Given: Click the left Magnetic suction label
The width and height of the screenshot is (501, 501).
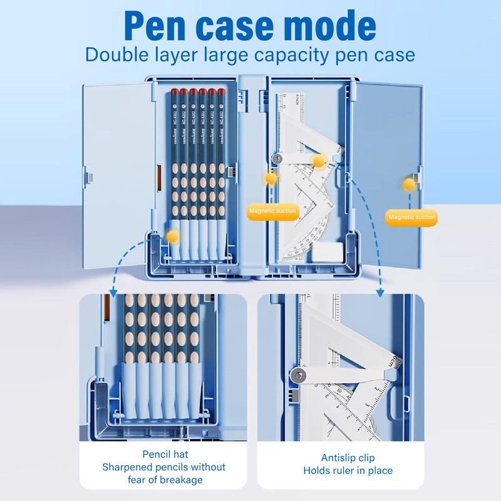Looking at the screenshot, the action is click(272, 211).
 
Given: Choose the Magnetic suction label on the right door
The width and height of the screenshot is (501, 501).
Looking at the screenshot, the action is click(412, 217).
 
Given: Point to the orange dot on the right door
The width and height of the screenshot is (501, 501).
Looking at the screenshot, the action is click(410, 184).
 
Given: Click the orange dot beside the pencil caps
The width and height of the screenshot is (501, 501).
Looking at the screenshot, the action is click(172, 236).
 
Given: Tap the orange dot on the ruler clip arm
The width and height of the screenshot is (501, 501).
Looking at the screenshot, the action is click(319, 162).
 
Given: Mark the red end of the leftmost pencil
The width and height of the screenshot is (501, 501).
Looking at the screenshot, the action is click(166, 92).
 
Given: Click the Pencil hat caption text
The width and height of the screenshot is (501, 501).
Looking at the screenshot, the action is click(165, 455).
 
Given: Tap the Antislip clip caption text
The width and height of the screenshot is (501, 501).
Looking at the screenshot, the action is click(348, 458).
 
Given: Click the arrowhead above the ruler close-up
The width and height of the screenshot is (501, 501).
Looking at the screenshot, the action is click(380, 292).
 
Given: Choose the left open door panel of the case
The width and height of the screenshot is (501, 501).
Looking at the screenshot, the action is click(118, 175).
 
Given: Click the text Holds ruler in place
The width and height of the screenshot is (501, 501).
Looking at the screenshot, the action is click(348, 470).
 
